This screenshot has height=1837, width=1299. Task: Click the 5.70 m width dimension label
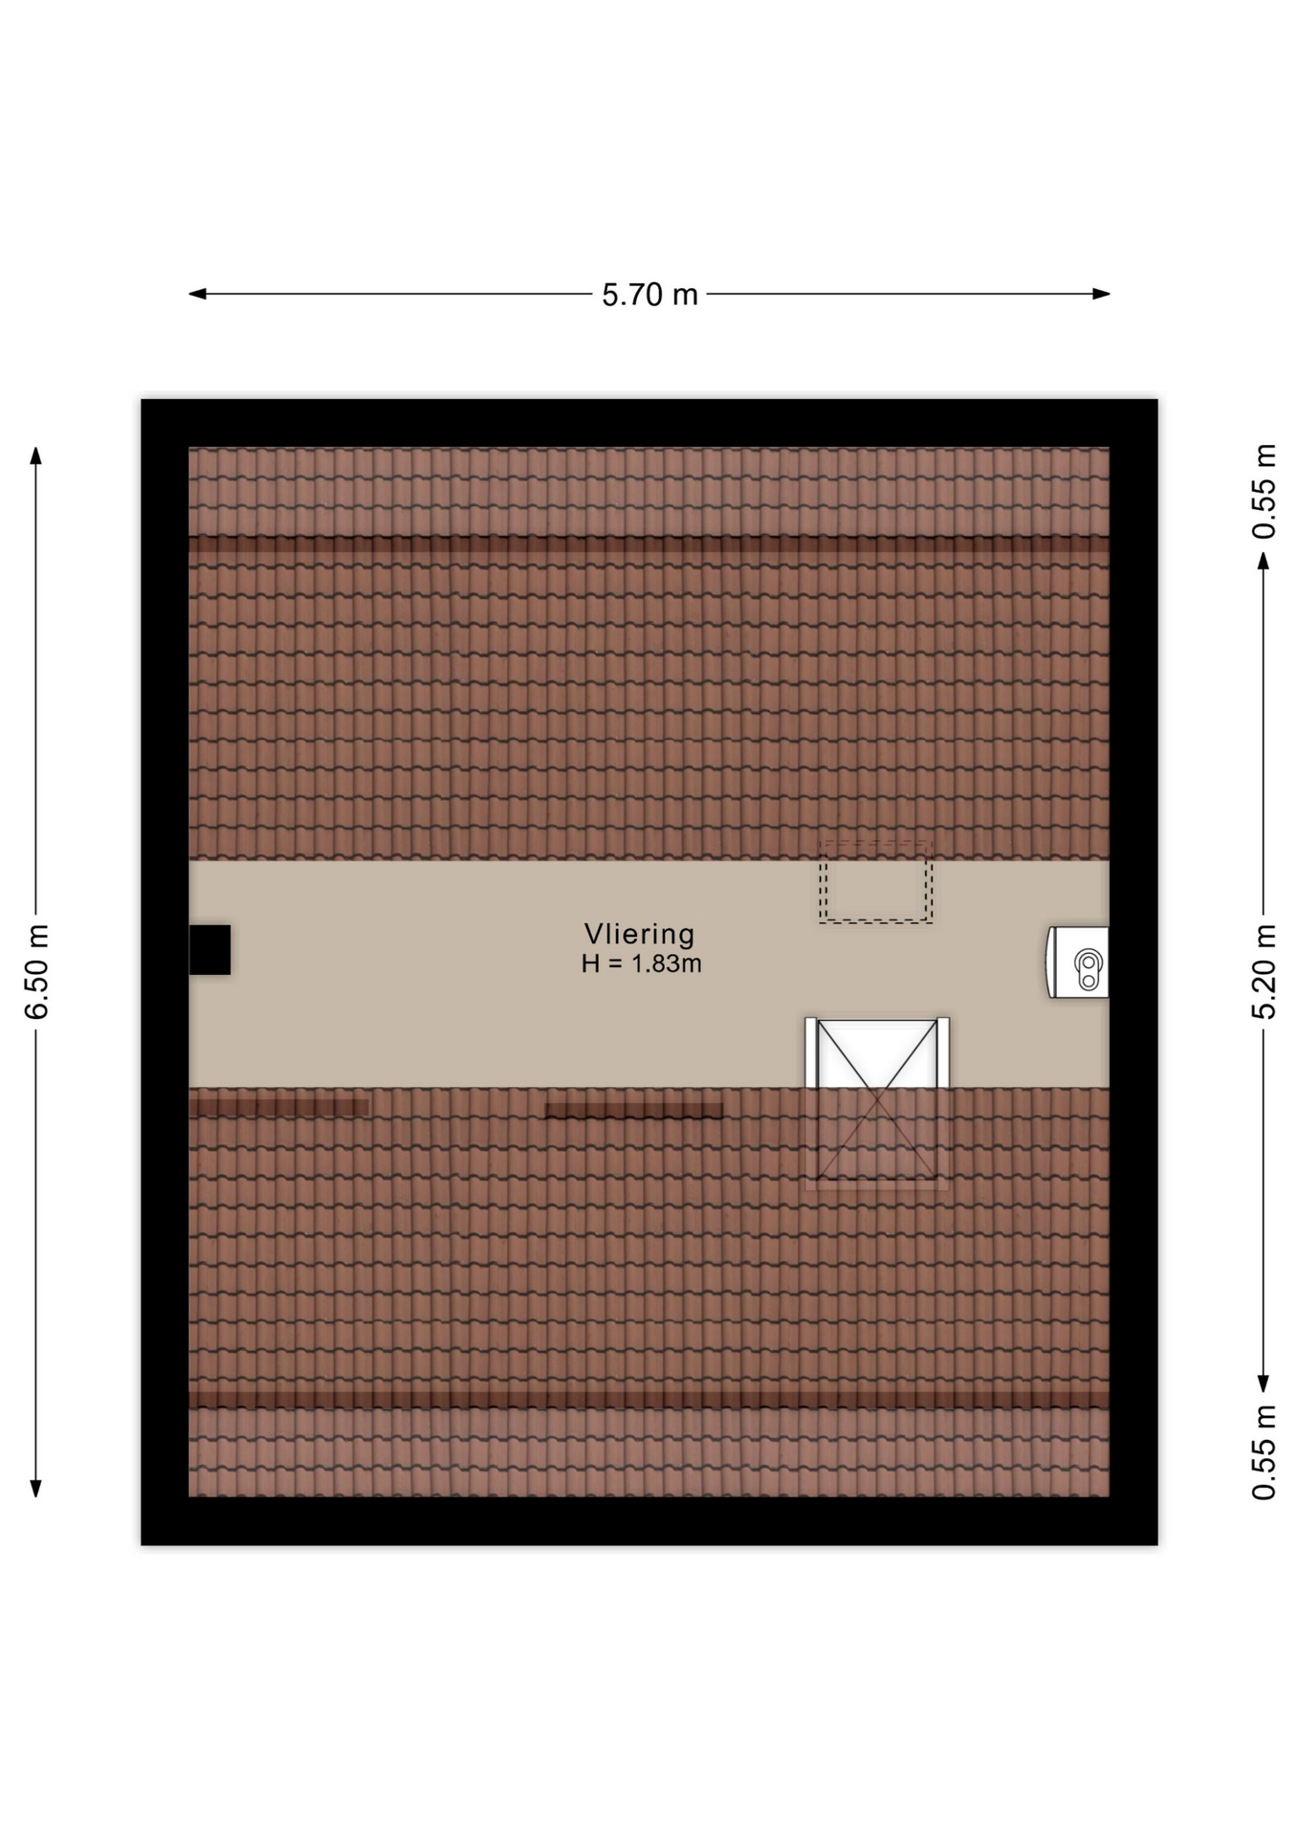(649, 295)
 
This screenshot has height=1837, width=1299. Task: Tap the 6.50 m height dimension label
(36, 971)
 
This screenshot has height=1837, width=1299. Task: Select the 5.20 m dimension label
(1264, 971)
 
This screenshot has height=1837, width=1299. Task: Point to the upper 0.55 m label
(1264, 492)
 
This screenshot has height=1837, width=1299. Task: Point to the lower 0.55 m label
(1264, 1452)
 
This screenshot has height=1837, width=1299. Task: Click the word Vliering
(640, 934)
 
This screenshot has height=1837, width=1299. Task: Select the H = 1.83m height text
(641, 963)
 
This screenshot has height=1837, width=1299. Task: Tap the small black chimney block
(209, 949)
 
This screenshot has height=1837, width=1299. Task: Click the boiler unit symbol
(1078, 962)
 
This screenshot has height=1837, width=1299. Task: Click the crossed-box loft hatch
(877, 1103)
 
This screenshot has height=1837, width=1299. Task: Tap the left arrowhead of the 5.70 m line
(196, 294)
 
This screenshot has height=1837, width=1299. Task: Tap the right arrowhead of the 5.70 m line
(1102, 294)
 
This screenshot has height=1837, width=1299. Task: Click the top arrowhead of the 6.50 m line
(36, 454)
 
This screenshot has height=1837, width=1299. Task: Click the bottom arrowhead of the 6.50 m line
(36, 1488)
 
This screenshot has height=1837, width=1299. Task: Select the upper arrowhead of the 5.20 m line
(1264, 561)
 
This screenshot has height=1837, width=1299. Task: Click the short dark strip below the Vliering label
(633, 1111)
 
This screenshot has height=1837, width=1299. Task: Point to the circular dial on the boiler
(1089, 960)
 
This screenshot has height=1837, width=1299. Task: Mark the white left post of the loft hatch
(811, 1052)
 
